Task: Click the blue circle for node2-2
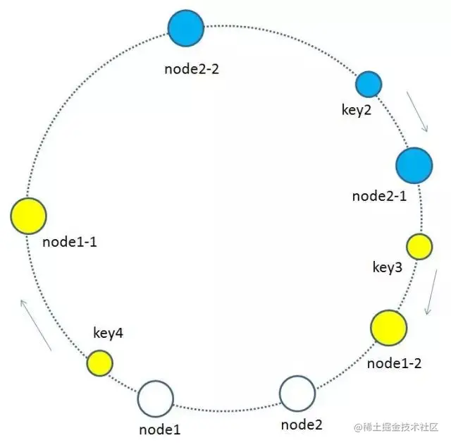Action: (x=186, y=28)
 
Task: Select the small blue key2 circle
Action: (x=368, y=84)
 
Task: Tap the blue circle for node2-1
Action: (x=414, y=165)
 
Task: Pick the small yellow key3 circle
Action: (x=420, y=247)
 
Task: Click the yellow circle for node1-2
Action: (x=388, y=327)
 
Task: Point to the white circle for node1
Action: (x=155, y=399)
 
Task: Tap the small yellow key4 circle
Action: (x=99, y=363)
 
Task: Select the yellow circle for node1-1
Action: (x=29, y=216)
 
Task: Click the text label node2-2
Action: (x=191, y=69)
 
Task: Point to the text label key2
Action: (x=354, y=111)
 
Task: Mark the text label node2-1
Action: (x=379, y=196)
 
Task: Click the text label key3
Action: (x=387, y=268)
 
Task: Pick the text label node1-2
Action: (x=395, y=363)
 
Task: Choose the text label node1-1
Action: (x=70, y=242)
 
